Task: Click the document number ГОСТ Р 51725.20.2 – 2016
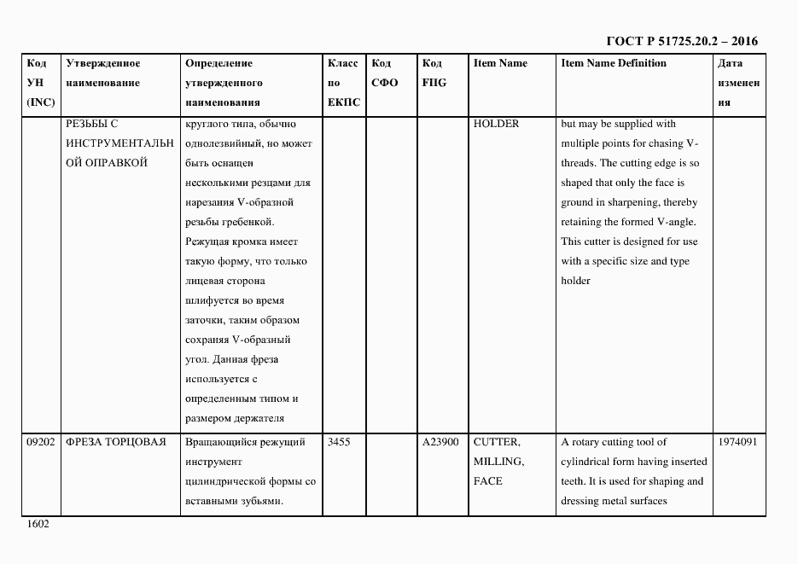click(x=681, y=41)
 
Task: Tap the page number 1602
click(x=38, y=524)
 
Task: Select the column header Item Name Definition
click(x=614, y=63)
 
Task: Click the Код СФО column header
click(x=385, y=73)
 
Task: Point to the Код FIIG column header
click(x=434, y=73)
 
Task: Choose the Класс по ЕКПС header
click(x=343, y=83)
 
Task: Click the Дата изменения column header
click(x=738, y=83)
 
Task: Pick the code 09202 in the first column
click(x=41, y=442)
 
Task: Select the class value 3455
click(x=339, y=442)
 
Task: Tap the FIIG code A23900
click(x=440, y=442)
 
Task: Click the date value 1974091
click(x=738, y=442)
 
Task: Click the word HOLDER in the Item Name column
click(x=496, y=124)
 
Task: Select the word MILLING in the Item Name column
click(x=498, y=462)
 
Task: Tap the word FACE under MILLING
click(x=487, y=481)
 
